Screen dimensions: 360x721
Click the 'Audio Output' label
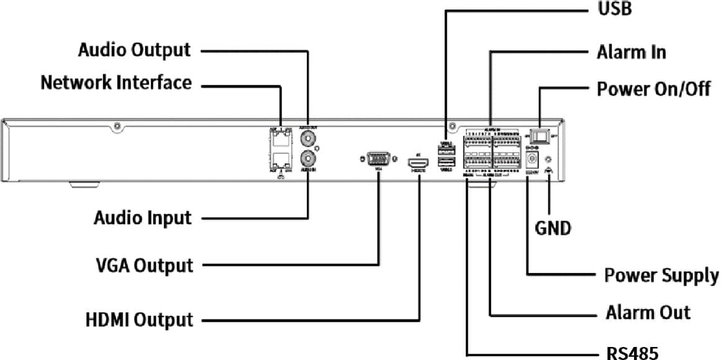tap(134, 50)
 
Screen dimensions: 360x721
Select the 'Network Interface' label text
tap(116, 83)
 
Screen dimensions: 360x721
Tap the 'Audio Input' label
tap(143, 218)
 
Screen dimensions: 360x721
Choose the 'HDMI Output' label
tap(139, 320)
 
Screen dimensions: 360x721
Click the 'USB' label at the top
tap(614, 10)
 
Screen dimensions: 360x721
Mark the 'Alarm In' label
tap(631, 52)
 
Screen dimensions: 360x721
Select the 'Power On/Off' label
tap(653, 89)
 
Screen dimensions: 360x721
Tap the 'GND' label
tap(553, 228)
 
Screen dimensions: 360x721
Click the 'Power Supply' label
tap(661, 275)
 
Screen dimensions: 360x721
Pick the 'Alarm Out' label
tap(648, 312)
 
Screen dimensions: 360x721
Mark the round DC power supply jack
tap(532, 160)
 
